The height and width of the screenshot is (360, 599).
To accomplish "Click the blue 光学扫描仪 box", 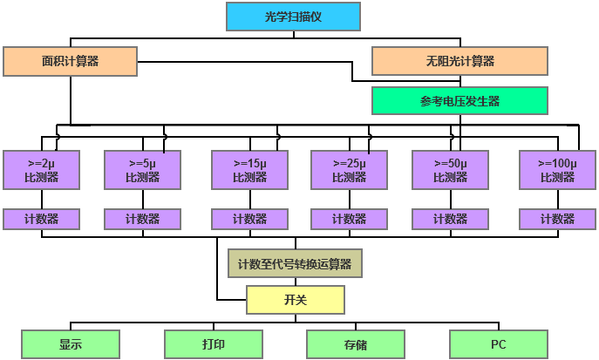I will [x=292, y=17].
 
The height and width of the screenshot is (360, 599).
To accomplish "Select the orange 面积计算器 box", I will [x=71, y=61].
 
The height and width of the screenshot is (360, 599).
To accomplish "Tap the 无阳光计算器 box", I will [x=459, y=61].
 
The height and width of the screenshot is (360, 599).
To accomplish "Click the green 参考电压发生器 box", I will [x=459, y=100].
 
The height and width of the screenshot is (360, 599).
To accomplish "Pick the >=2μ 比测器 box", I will [x=41, y=170].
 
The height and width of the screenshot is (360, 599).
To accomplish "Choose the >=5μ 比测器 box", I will [x=142, y=170].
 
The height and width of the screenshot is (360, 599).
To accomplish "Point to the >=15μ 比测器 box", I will [x=249, y=170].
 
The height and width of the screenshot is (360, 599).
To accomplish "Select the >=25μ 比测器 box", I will [x=349, y=170].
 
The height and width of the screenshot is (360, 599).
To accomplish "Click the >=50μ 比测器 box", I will [x=450, y=170].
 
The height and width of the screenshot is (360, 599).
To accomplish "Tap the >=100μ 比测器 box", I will [x=557, y=170].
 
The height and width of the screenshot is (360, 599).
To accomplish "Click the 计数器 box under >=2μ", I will [x=41, y=219].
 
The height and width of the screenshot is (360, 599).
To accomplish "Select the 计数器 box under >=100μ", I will [x=557, y=219].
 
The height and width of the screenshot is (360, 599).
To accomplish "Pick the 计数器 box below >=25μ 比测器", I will [x=349, y=219].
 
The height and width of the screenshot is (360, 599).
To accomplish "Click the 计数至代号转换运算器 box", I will [x=294, y=263].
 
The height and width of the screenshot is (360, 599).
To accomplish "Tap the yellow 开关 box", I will [x=296, y=300].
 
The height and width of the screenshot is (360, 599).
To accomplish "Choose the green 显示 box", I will [x=71, y=344].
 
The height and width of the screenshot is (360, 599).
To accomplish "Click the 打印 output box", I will [x=213, y=344].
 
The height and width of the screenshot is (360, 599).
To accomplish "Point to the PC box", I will [x=498, y=344].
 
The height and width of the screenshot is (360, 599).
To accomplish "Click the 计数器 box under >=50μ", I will [x=450, y=219].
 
